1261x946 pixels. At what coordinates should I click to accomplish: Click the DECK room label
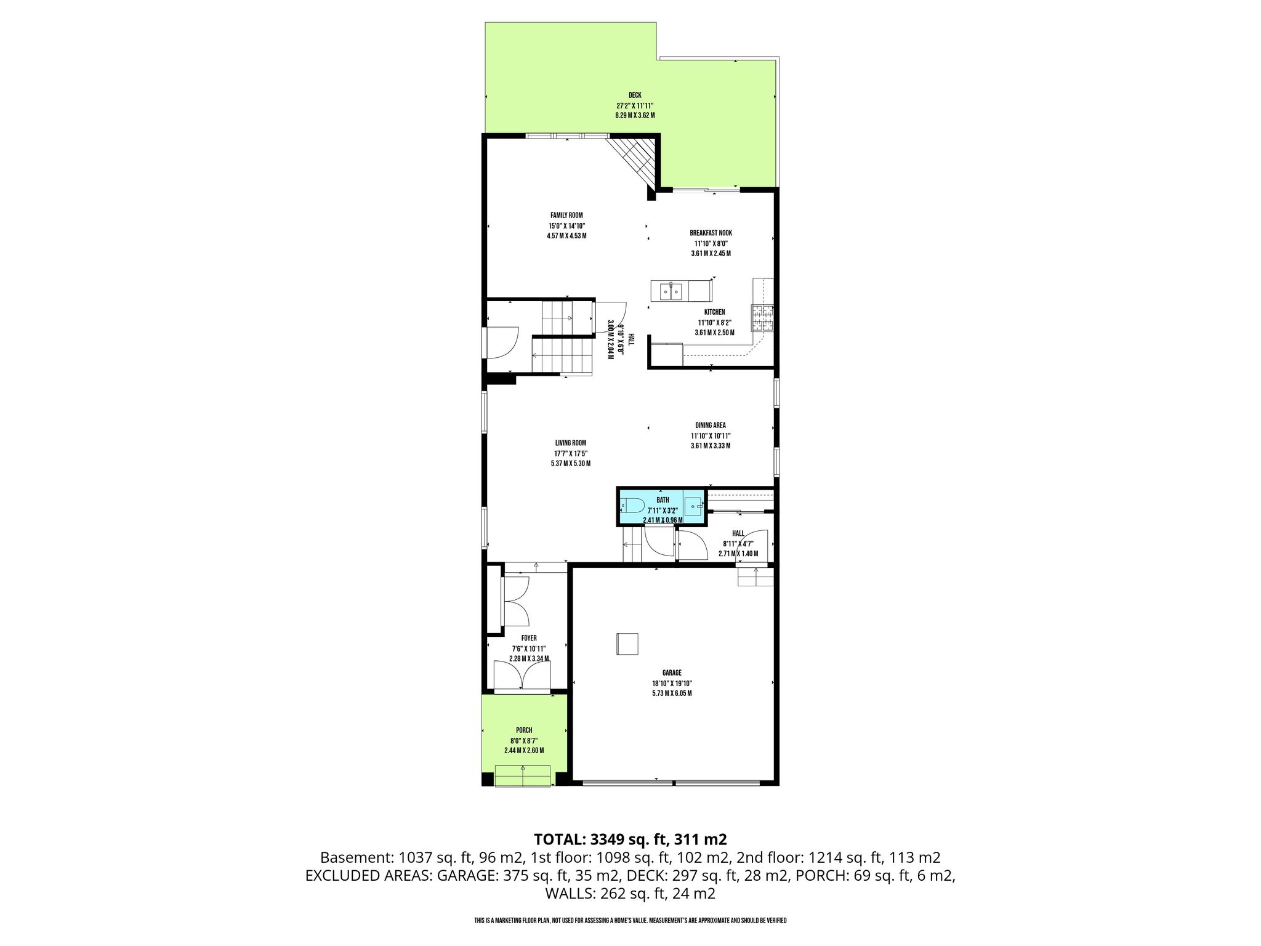pos(635,95)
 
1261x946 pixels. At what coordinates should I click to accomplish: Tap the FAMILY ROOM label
pos(566,216)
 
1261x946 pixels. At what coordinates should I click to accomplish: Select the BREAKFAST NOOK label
pos(711,233)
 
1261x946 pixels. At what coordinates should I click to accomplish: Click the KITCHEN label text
pos(714,312)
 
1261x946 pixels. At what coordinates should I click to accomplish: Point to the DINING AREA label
pos(711,426)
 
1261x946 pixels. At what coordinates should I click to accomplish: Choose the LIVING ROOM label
pos(570,443)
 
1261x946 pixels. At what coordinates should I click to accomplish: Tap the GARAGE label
pos(672,673)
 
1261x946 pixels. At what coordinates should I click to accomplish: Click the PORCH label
pos(524,730)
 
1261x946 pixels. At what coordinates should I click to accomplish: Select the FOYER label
pos(529,639)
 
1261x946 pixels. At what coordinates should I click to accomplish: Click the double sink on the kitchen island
pos(670,291)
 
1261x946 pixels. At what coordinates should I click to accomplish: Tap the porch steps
pos(522,775)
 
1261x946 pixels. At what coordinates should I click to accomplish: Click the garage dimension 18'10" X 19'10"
pos(672,683)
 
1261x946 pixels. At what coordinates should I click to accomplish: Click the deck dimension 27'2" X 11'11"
pos(635,105)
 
